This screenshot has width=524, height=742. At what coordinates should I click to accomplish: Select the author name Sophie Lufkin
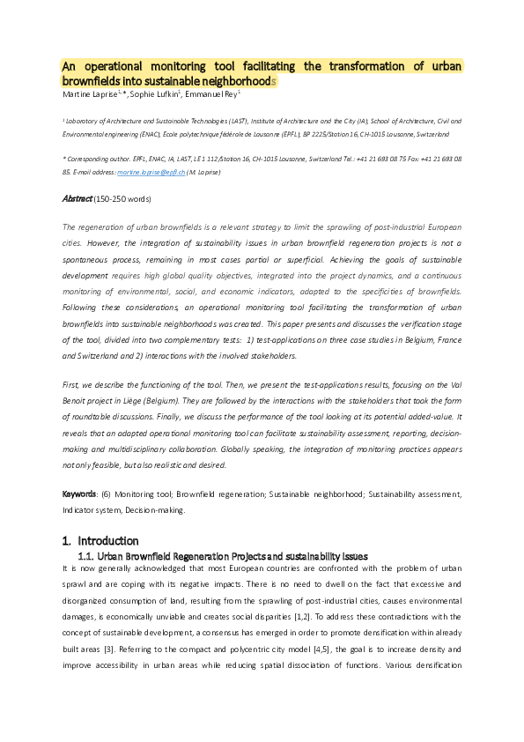(x=156, y=93)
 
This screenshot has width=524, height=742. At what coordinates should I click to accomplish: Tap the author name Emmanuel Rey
(x=214, y=93)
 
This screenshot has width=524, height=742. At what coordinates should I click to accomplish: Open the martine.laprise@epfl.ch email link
(x=153, y=172)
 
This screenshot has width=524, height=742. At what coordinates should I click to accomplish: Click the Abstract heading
(x=77, y=199)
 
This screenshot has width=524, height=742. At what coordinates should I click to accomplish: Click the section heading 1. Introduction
(x=100, y=540)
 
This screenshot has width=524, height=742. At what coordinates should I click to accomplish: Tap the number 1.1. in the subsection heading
(x=85, y=556)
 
